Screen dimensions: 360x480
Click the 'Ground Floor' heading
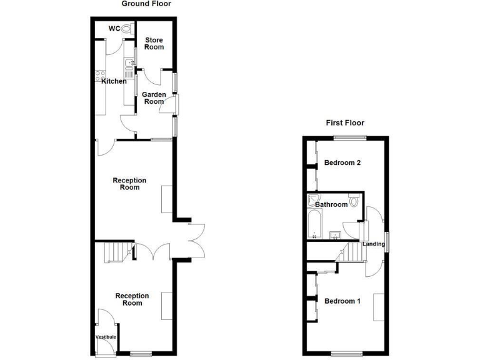[146, 4]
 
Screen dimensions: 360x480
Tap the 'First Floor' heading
[345, 123]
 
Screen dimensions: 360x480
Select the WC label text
[114, 28]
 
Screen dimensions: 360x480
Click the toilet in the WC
[126, 29]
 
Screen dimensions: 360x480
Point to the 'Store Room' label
[154, 44]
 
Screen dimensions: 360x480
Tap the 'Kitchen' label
[114, 81]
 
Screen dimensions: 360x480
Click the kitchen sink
[128, 63]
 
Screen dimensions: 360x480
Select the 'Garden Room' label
[154, 98]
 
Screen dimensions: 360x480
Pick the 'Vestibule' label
[106, 337]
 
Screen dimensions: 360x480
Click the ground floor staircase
[115, 252]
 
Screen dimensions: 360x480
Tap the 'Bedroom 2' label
[342, 163]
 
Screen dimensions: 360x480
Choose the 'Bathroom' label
[331, 204]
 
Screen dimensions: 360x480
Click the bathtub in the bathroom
[314, 225]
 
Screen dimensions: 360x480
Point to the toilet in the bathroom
[354, 201]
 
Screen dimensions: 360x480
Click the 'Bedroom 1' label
[342, 301]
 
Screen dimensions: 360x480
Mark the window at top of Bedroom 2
[349, 137]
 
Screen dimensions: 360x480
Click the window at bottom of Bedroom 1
[348, 352]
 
